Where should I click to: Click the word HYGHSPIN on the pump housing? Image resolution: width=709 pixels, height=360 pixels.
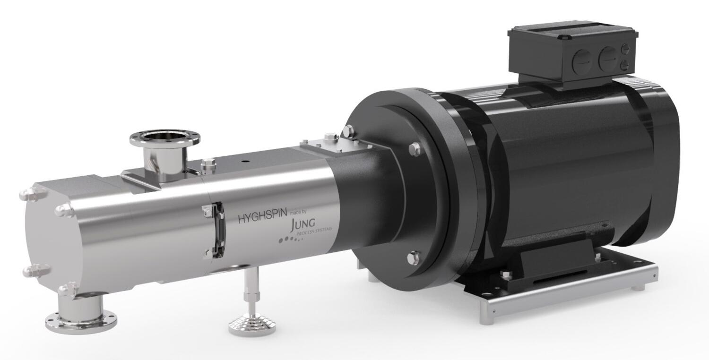click(x=263, y=218)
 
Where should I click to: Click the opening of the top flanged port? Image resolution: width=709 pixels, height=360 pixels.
click(x=164, y=137)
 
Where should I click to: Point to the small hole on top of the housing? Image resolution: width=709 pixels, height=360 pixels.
click(x=245, y=160)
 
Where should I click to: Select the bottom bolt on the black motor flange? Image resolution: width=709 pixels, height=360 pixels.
click(x=413, y=258)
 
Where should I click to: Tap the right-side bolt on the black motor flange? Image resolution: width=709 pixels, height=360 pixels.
click(x=415, y=149)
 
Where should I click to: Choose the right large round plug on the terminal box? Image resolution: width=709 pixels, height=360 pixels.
click(x=608, y=59)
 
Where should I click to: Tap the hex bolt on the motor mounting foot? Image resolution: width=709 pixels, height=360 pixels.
click(x=505, y=275)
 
